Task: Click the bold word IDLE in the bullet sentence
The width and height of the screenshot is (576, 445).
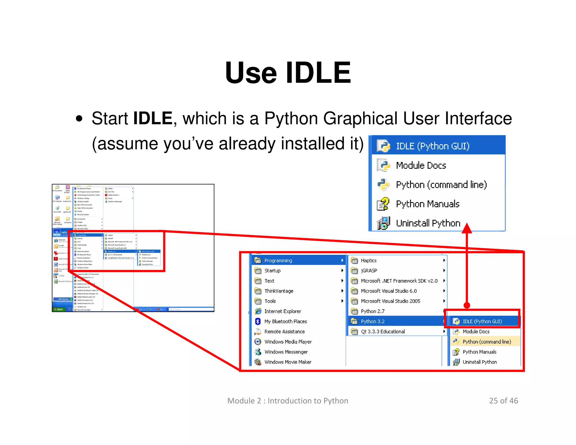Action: tap(152, 118)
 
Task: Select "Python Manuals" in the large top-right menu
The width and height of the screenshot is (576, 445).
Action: tap(427, 204)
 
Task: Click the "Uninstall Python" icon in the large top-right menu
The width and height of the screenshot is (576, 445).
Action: tap(383, 223)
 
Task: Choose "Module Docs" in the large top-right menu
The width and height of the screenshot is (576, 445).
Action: tap(421, 165)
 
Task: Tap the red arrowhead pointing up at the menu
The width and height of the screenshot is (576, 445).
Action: tap(467, 228)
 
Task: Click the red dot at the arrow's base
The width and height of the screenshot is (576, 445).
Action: tap(467, 305)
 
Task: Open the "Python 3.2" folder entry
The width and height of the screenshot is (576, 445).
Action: tap(373, 321)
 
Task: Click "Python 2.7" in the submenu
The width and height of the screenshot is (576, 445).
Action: tap(373, 311)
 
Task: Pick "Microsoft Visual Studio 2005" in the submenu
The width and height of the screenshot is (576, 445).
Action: tap(390, 301)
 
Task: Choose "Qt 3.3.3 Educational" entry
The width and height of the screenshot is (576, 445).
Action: tap(383, 331)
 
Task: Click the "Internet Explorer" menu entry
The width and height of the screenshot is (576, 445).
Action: tap(282, 311)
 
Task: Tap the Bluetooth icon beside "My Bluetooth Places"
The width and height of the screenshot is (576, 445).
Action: tap(258, 321)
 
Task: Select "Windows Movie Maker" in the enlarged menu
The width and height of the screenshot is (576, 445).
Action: tap(288, 362)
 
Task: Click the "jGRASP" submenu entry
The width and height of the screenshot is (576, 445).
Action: tap(369, 271)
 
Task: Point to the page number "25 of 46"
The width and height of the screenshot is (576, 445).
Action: tap(503, 401)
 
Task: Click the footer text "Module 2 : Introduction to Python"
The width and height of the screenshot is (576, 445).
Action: tap(288, 401)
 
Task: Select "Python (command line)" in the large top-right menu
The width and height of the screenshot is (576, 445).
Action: tap(441, 185)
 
